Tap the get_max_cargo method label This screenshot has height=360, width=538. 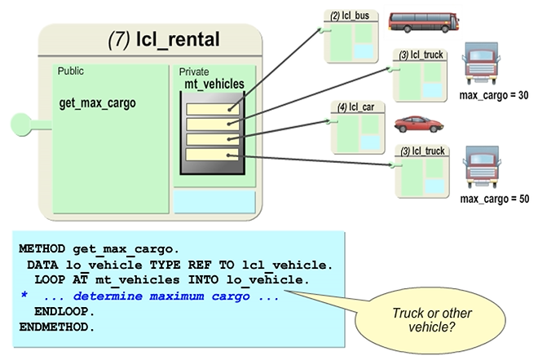pos(98,103)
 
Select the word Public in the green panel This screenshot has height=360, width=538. pos(71,72)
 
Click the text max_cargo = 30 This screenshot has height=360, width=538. pos(494,96)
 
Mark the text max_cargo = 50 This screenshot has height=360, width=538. pos(494,200)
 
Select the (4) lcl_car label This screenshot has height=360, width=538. pos(357,107)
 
